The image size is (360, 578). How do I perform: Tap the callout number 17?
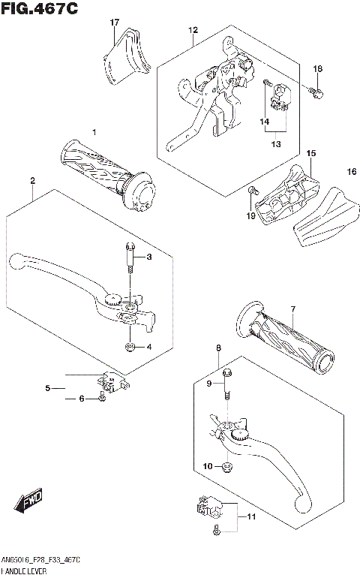point(115,23)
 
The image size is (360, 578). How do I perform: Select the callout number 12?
point(193,31)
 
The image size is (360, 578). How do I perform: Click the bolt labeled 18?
point(318,93)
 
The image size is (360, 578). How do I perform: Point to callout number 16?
point(350,173)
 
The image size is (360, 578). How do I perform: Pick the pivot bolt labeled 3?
point(130,259)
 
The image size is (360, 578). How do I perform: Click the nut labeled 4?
point(130,346)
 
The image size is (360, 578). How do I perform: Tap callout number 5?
point(47,387)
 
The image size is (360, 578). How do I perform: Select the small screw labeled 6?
point(100,399)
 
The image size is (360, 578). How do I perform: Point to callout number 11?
point(251,518)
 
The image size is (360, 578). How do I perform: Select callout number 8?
point(218,348)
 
